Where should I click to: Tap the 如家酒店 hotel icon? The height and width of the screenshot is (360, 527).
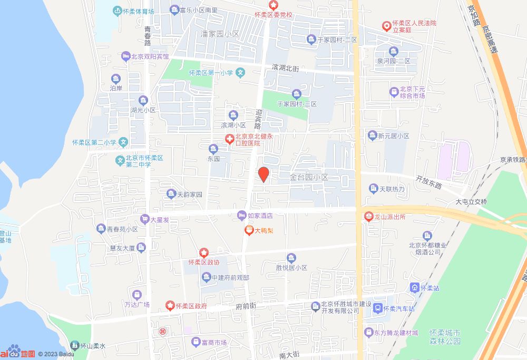(x=242, y=215)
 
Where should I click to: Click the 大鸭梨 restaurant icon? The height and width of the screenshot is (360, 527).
(x=249, y=230)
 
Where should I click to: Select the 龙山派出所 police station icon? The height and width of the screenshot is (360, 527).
(x=368, y=216)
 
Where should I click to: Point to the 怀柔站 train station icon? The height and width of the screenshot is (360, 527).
(x=414, y=288)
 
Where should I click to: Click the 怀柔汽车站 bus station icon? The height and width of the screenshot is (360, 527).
(x=377, y=308)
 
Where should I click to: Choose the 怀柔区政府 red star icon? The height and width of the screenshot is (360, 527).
(x=170, y=306)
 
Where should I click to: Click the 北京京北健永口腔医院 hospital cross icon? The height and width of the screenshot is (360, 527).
(x=230, y=139)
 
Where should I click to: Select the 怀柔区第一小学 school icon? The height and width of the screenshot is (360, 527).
(x=240, y=73)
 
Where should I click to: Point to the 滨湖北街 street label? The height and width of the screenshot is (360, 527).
(x=286, y=68)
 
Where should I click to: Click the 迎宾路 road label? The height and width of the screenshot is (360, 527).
(x=258, y=119)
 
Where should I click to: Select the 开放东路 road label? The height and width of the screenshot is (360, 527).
(x=428, y=182)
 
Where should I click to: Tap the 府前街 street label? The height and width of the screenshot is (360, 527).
(x=246, y=306)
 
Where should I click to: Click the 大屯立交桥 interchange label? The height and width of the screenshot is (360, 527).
(x=472, y=202)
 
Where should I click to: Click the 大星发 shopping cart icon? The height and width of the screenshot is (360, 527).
(x=144, y=219)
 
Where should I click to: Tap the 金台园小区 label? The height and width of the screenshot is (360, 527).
(x=309, y=178)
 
